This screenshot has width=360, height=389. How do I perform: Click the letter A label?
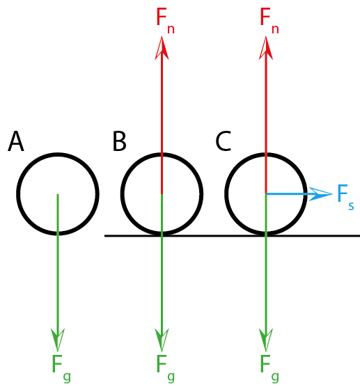click(16, 141)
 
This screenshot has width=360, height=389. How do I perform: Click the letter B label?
click(120, 141)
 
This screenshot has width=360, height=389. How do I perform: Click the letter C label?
click(224, 141)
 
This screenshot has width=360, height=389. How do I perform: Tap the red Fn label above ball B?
click(165, 21)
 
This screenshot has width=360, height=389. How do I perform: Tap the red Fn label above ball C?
click(269, 21)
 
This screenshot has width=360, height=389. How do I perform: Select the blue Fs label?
click(345, 198)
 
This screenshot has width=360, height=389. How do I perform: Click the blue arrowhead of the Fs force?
click(320, 193)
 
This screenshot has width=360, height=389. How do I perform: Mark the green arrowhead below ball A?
click(58, 340)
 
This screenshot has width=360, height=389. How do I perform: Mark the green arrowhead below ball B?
click(162, 340)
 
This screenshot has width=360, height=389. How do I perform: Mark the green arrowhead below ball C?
click(266, 340)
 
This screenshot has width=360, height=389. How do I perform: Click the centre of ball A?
click(58, 193)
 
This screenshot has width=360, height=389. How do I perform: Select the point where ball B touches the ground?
click(162, 235)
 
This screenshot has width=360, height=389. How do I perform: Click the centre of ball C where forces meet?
click(266, 193)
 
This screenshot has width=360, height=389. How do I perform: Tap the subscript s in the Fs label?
click(351, 206)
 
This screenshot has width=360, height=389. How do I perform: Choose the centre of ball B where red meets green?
click(162, 193)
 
